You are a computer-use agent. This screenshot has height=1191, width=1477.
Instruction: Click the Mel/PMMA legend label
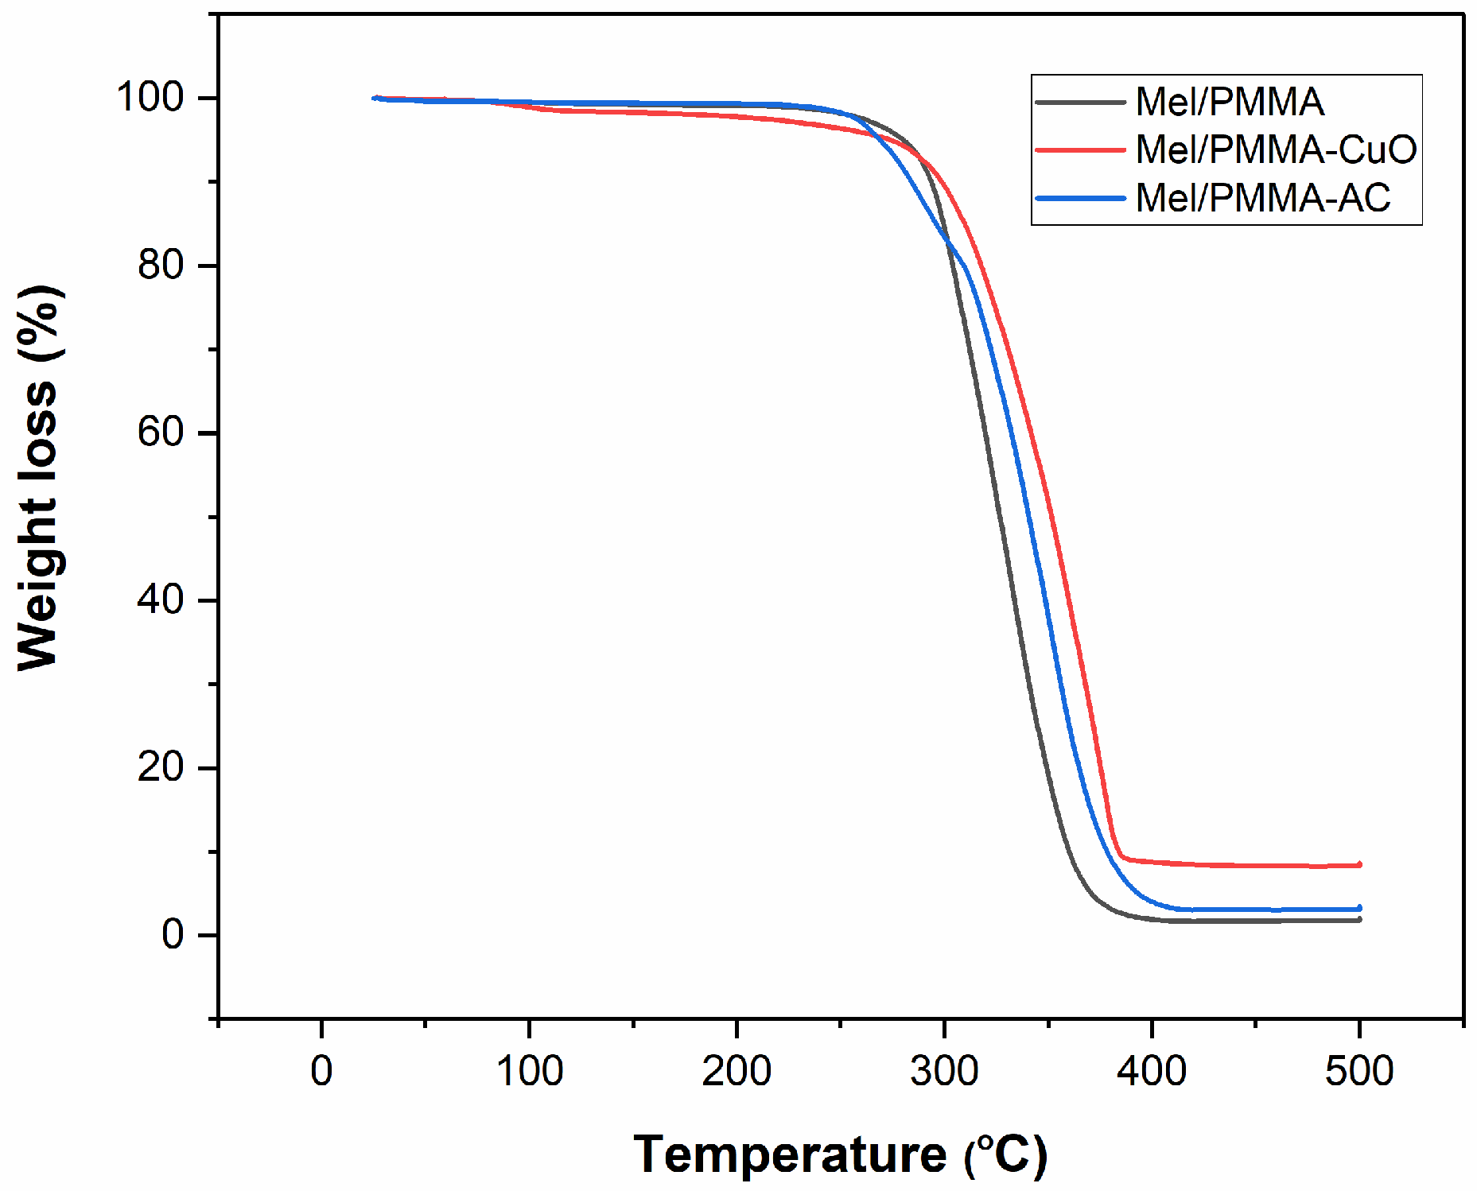pos(1230,102)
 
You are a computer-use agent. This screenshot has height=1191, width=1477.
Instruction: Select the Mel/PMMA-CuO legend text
pos(1276,149)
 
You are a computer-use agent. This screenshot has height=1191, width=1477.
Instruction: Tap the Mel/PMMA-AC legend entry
pos(1263,198)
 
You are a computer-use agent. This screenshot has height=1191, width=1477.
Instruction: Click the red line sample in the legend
pos(1081,149)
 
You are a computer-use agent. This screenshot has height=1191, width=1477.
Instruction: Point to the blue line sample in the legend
pos(1081,198)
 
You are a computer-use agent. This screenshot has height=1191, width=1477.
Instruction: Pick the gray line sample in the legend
pos(1081,102)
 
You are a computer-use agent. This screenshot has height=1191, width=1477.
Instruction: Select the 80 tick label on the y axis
pos(161,265)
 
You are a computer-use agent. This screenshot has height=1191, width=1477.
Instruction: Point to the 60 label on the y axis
pos(161,433)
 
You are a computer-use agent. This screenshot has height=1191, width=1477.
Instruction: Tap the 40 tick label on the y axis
pos(161,599)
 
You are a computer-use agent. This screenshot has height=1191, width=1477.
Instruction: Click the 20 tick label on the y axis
pos(161,767)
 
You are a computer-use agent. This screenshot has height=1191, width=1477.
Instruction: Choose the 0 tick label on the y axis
pos(173,935)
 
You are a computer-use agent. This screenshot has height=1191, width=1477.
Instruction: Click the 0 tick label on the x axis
pos(321,1071)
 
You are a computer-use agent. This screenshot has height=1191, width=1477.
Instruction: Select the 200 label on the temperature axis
pos(737,1071)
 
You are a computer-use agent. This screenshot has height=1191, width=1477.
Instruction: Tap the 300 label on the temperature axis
pos(944,1071)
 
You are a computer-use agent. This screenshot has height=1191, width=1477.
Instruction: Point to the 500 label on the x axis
pos(1359,1071)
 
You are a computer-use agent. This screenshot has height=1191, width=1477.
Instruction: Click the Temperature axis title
pos(840,1154)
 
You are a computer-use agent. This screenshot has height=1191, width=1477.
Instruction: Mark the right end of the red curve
pos(1359,864)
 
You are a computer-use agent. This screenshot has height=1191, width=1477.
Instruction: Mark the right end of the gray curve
pos(1359,920)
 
